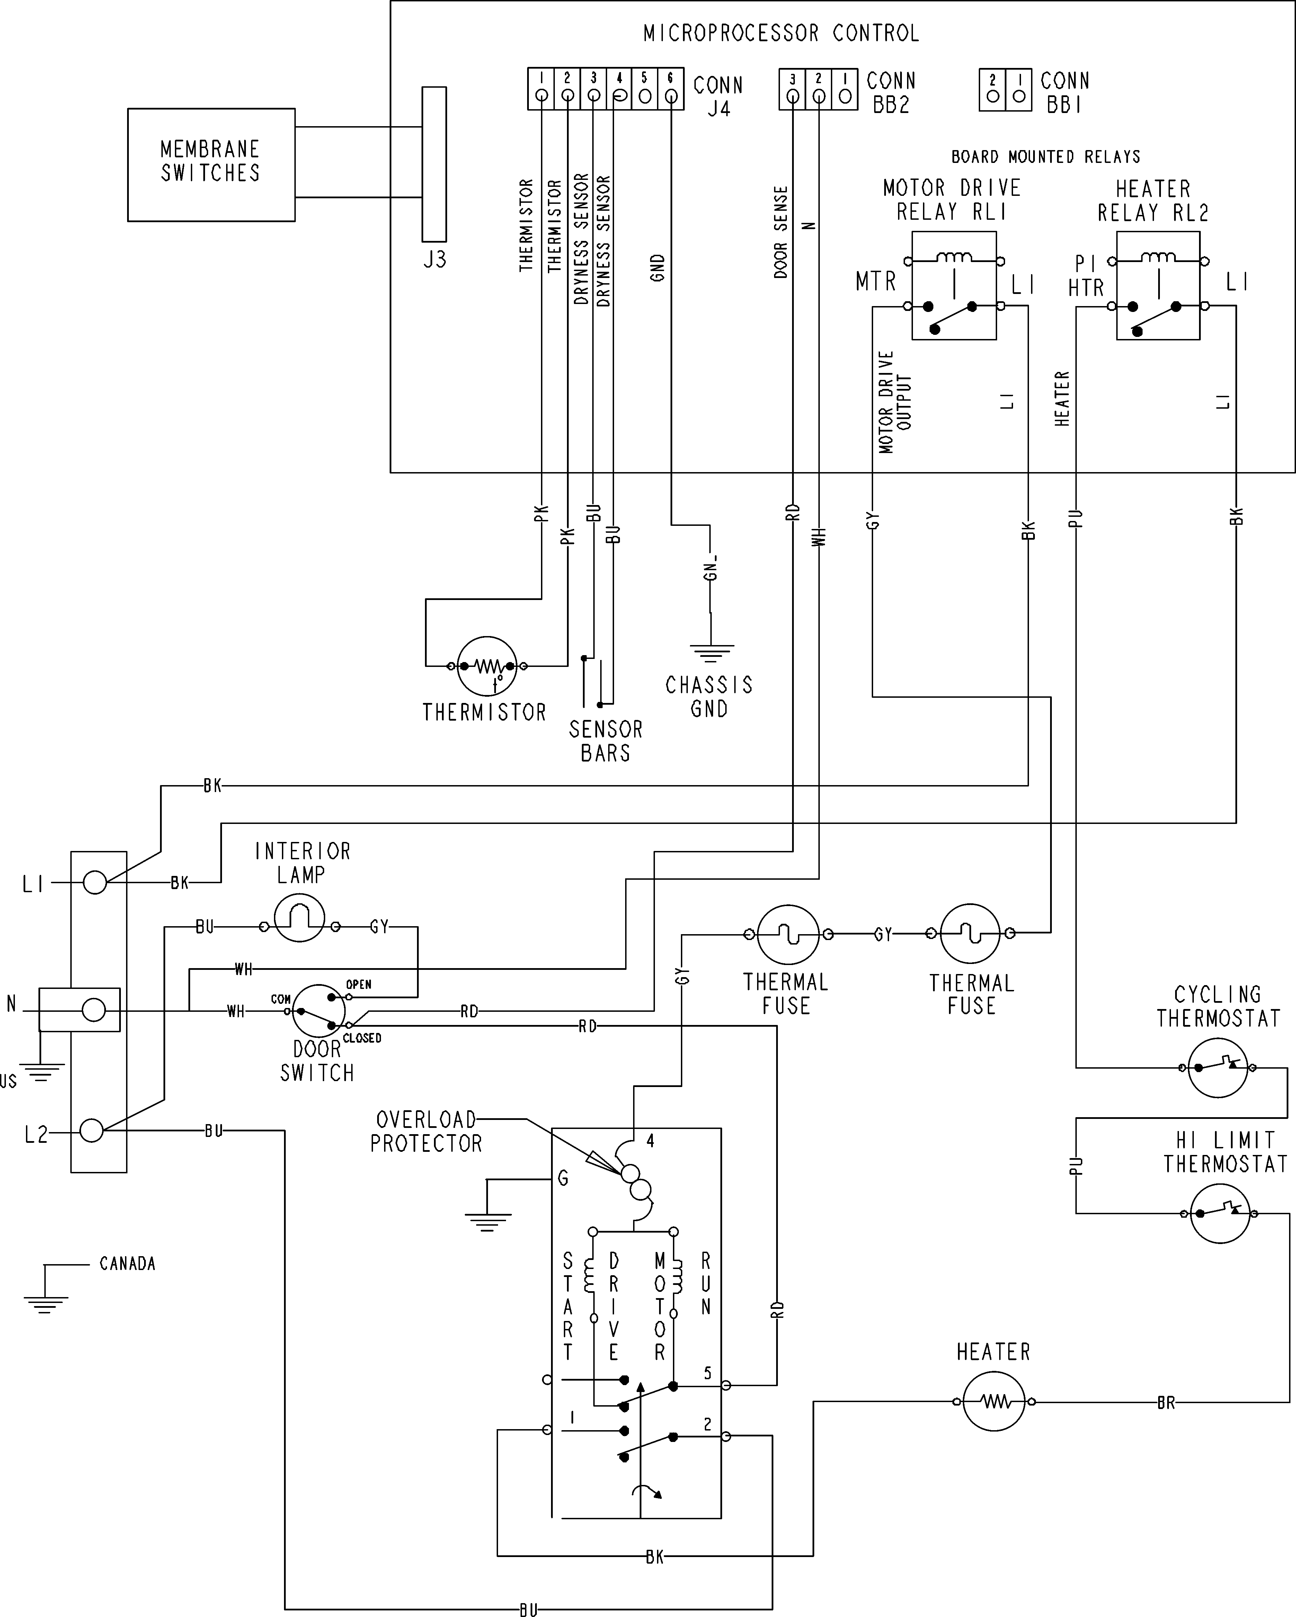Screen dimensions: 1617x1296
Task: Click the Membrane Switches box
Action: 211,165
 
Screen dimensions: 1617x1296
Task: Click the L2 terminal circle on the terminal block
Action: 91,1130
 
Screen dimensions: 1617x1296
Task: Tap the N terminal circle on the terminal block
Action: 94,1009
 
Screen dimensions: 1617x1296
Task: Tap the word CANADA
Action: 127,1264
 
